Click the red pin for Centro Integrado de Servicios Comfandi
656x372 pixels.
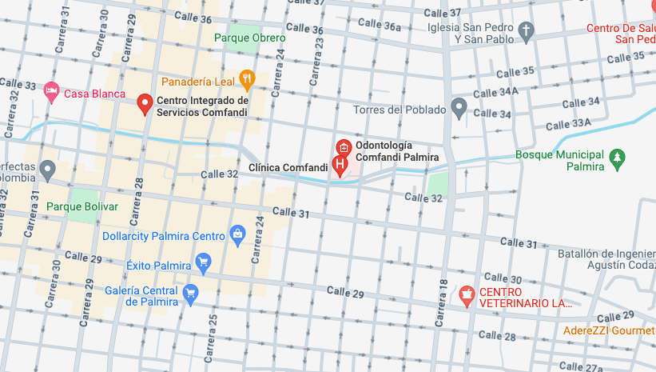(145, 103)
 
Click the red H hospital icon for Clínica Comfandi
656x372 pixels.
(340, 166)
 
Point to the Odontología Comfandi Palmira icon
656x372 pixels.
(344, 147)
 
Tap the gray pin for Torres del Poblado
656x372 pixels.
(459, 106)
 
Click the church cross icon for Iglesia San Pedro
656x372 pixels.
(525, 32)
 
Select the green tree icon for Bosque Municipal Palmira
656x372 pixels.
(616, 158)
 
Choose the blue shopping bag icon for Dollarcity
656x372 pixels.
(237, 234)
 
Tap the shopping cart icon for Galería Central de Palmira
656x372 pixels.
(190, 294)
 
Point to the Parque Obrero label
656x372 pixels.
(250, 38)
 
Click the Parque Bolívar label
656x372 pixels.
(82, 206)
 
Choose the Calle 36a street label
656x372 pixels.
(379, 26)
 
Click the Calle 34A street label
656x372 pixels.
(496, 92)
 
